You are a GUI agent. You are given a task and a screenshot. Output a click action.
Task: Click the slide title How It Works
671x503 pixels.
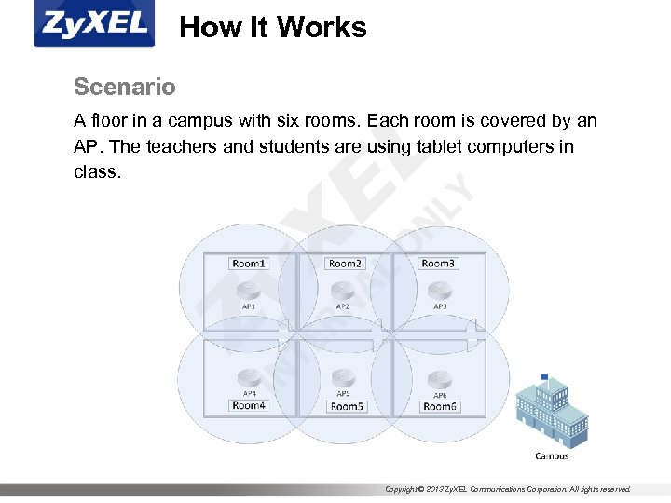tap(273, 28)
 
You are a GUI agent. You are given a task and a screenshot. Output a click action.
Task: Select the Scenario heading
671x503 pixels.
tap(124, 88)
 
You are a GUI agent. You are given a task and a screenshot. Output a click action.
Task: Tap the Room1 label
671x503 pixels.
tap(249, 264)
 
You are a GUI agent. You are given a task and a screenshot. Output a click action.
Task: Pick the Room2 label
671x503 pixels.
tap(345, 264)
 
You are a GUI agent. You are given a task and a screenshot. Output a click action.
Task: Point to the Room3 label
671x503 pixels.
tap(438, 264)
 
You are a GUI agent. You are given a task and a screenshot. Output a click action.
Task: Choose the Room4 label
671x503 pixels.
tap(249, 405)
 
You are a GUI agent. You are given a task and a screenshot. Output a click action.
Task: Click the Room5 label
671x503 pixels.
tap(347, 406)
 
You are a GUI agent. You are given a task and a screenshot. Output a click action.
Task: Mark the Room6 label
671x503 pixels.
tap(441, 406)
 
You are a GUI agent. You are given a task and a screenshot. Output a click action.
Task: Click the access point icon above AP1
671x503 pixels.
tap(249, 290)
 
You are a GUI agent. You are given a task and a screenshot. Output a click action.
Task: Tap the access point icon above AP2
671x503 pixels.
tap(343, 290)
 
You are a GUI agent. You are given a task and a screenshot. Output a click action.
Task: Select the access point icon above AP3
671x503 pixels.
tap(440, 290)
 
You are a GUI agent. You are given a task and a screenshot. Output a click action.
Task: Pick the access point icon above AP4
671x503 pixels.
tap(249, 378)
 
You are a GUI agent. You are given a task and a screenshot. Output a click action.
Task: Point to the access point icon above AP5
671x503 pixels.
tap(344, 378)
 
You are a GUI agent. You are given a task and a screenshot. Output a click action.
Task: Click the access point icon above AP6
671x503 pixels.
tap(440, 378)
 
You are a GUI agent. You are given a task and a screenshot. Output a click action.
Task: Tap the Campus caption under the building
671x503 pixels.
tap(552, 456)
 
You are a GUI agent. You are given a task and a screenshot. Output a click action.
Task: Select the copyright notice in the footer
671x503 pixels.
tap(508, 489)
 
